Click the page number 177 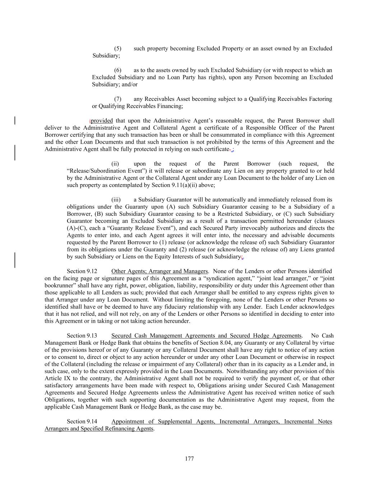click(x=189, y=459)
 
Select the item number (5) click(x=118, y=48)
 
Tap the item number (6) click(x=118, y=70)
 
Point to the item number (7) click(x=118, y=99)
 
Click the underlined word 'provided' click(x=102, y=121)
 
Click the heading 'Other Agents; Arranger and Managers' click(x=160, y=271)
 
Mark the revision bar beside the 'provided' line click(x=15, y=120)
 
